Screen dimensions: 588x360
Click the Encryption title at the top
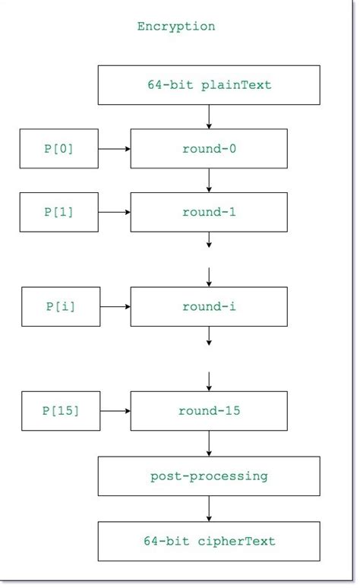[176, 27]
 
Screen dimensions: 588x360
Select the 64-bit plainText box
[209, 85]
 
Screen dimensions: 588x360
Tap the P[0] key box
[58, 149]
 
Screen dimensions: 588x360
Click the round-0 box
[209, 149]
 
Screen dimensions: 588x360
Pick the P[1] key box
[58, 212]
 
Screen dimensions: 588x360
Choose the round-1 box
[209, 212]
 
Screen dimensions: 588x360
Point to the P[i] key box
[60, 307]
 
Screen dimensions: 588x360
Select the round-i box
[209, 307]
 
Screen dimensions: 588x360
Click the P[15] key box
[61, 411]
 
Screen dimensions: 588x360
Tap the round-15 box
[209, 411]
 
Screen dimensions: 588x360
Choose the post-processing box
[209, 476]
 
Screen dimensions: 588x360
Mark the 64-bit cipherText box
[209, 541]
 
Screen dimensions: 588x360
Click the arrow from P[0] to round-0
[114, 149]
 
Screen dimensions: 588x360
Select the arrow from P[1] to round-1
[114, 212]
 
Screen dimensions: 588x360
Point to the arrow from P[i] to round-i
[115, 307]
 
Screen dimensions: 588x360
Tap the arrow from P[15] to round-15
[115, 411]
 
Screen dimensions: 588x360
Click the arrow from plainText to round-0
[209, 116]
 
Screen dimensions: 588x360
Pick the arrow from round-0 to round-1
[209, 180]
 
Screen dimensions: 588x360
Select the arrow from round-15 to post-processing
[209, 444]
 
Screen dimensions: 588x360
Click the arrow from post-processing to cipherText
[209, 508]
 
